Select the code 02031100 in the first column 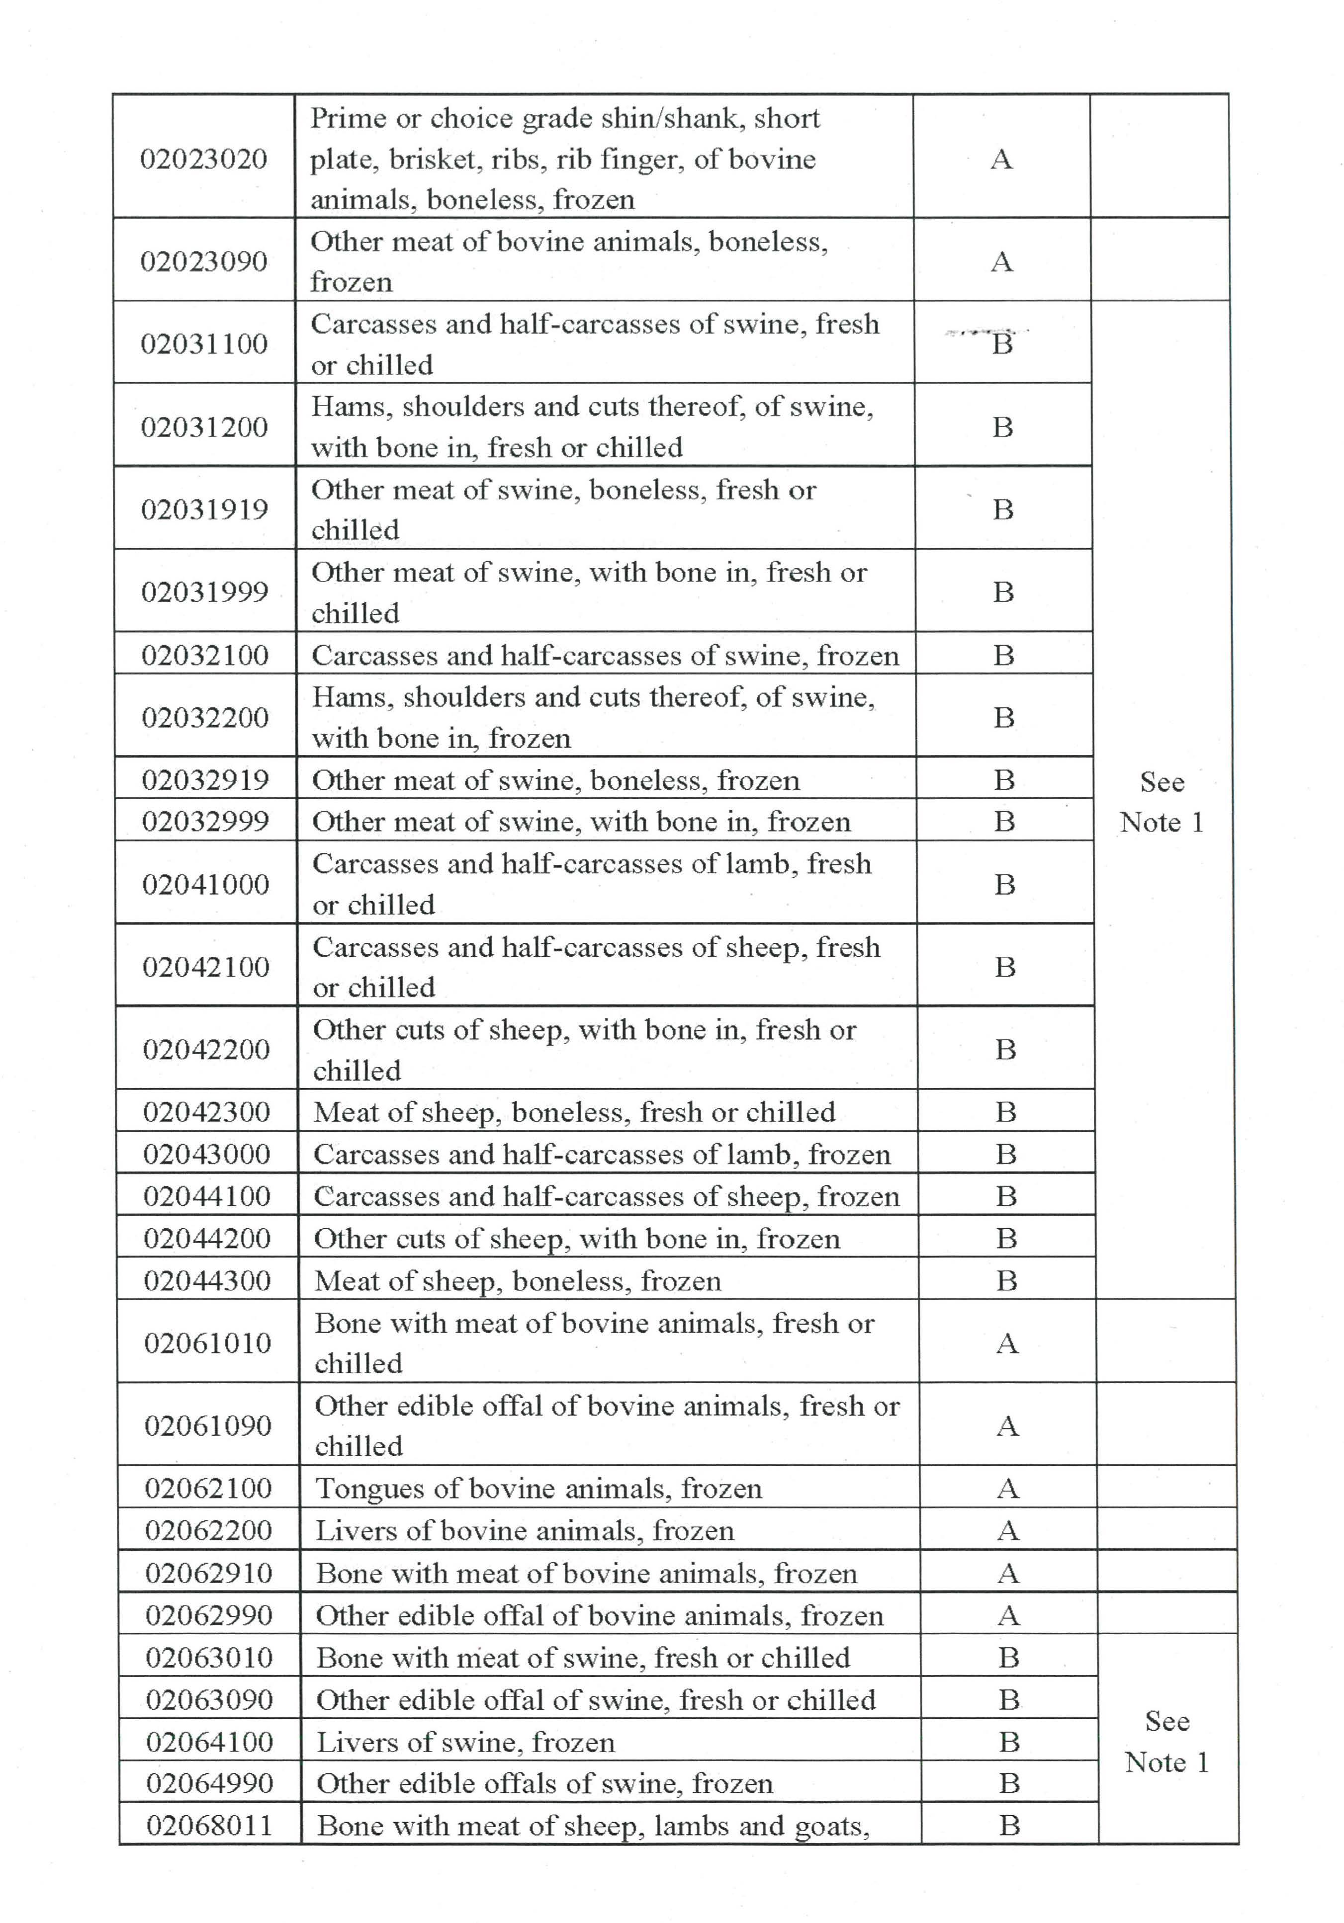coord(204,343)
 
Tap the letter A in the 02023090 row coord(1001,262)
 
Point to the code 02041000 coord(205,884)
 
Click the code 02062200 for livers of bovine coord(209,1530)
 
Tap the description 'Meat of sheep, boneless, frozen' coord(517,1281)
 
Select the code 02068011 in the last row coord(209,1825)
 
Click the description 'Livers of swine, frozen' coord(465,1742)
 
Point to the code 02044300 coord(207,1281)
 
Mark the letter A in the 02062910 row coord(1008,1573)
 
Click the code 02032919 coord(205,780)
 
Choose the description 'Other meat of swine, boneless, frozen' coord(555,780)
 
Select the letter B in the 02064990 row coord(1009,1783)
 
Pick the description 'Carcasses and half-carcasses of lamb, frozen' coord(602,1154)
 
